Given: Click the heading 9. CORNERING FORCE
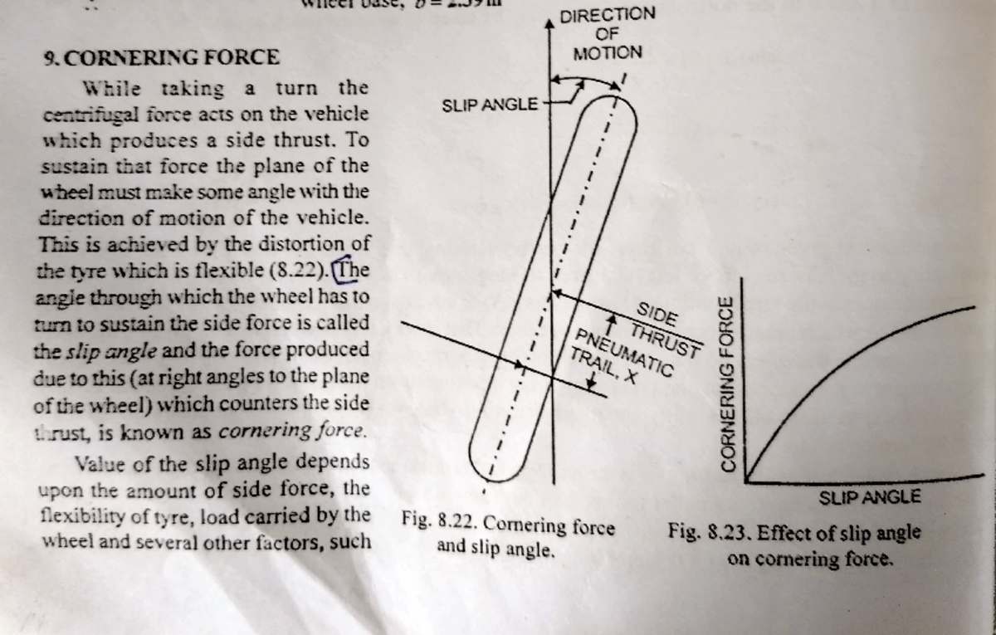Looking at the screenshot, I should (x=163, y=58).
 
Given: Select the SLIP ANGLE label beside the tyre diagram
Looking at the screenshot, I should (x=490, y=105).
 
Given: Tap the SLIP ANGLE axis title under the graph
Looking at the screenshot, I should (x=869, y=497).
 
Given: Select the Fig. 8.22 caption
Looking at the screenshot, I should (x=508, y=536).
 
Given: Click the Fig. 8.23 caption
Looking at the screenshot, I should (x=794, y=545).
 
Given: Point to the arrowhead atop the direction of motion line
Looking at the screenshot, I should (x=549, y=24).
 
